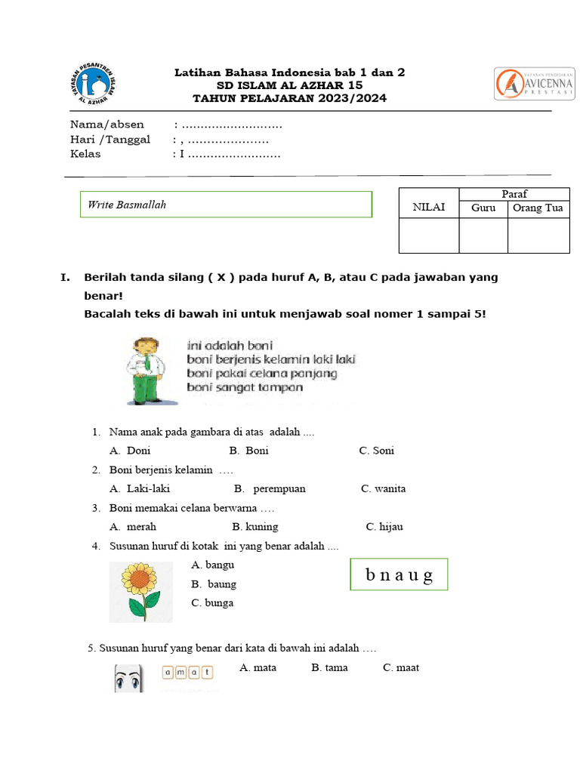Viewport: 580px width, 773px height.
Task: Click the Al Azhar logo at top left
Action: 91,82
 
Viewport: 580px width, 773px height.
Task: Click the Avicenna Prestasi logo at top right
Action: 533,83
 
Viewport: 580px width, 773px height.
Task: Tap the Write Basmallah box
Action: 226,205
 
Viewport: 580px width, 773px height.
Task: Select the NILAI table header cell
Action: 428,208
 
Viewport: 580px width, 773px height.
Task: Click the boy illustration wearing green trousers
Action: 146,371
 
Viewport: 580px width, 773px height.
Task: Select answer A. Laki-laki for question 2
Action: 140,488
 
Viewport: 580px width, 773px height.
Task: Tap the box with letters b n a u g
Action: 399,575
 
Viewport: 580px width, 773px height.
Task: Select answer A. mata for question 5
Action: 258,667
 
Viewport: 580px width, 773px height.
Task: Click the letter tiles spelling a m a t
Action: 188,672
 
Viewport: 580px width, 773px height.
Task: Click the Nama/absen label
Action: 107,125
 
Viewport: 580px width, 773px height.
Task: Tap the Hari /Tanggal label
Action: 110,140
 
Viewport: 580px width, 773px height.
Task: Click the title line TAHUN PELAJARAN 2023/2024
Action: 289,98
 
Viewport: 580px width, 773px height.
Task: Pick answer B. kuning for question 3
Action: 255,527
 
